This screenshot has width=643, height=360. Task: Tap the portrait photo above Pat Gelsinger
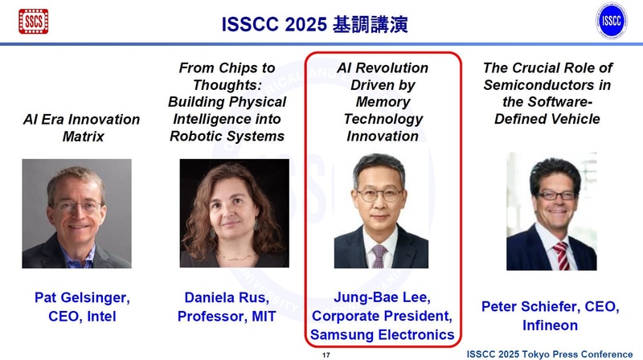coord(76,213)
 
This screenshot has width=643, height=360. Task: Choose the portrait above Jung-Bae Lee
coord(381,213)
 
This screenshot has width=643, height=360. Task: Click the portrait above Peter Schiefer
coord(551,213)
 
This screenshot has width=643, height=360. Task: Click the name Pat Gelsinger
coord(82,298)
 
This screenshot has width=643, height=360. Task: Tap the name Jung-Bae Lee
coord(383,298)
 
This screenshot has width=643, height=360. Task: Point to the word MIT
coord(264,317)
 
